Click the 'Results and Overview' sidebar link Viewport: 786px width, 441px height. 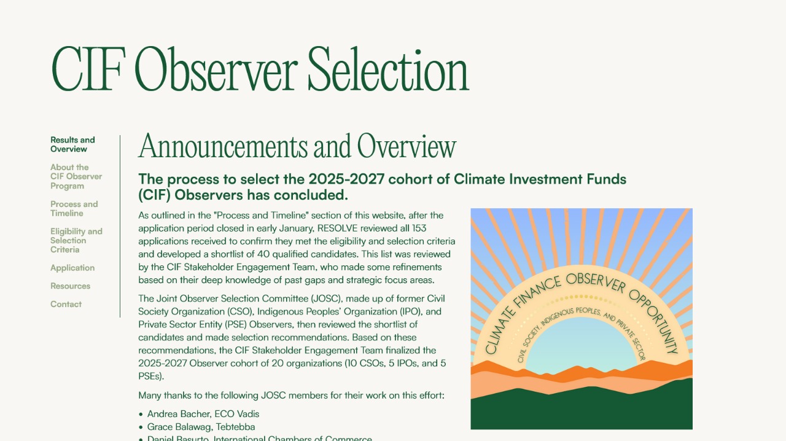coord(72,144)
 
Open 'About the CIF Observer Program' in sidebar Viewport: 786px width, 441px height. coord(76,176)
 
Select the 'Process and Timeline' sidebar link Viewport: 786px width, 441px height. coord(74,209)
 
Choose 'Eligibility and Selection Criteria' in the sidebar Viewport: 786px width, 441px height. coord(76,240)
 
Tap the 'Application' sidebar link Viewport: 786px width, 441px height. coord(72,268)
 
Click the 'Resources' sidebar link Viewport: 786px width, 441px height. coord(70,286)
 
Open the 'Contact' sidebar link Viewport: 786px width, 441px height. coord(66,304)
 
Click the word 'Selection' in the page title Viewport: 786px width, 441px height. coord(389,69)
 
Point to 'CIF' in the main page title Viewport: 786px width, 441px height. coord(88,69)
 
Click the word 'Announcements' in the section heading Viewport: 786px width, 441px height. coord(223,146)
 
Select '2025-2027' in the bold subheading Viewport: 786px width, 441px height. coord(346,179)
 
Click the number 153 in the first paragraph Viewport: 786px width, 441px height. coord(419,228)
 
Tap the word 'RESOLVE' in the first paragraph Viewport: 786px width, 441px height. coord(337,228)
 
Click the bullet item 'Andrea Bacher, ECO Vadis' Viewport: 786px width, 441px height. coord(203,414)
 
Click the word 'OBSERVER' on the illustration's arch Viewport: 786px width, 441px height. coord(596,283)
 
